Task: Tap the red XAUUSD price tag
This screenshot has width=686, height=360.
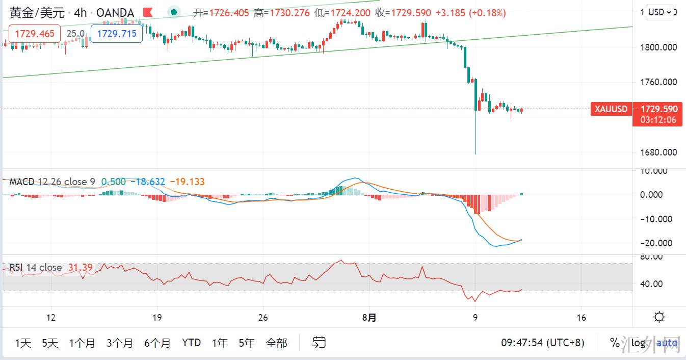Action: point(611,109)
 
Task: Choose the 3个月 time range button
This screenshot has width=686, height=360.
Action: point(120,343)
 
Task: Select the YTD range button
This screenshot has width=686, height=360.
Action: point(191,343)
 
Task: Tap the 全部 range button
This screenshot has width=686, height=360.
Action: point(276,343)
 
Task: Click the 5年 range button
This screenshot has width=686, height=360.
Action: point(247,343)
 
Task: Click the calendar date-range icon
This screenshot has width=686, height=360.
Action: point(319,342)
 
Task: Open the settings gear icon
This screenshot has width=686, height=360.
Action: point(659,317)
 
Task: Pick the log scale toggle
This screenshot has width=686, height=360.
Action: point(638,343)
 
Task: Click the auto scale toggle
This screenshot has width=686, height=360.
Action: point(667,343)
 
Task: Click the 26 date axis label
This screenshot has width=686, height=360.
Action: point(263,318)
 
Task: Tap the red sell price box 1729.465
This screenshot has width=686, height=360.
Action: point(35,34)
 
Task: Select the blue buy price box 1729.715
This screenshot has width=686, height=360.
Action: point(116,34)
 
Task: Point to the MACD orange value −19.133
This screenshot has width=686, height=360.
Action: point(187,182)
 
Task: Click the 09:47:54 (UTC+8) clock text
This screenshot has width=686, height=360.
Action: point(542,343)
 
